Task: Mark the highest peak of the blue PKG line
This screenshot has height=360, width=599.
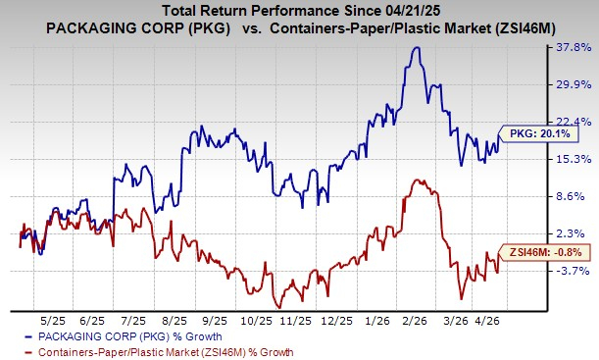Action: tap(418, 47)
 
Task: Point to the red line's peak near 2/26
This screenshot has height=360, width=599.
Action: tap(419, 180)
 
